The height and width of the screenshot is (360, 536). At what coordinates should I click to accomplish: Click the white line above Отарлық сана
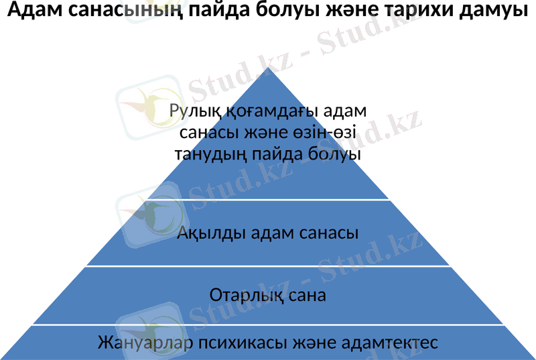pos(268,266)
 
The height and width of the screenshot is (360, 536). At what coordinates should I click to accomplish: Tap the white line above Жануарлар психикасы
pos(268,325)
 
